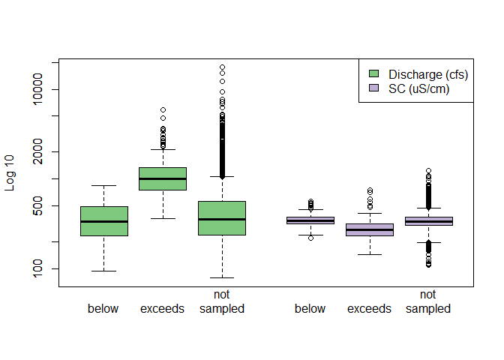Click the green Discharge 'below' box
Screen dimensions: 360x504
[x=104, y=221]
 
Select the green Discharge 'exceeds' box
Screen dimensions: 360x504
[x=163, y=178]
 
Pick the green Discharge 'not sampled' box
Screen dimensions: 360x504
[x=222, y=217]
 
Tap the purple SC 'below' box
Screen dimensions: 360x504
[x=310, y=220]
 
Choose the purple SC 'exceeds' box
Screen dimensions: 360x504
[x=370, y=229]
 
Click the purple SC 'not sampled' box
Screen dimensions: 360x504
[x=428, y=221]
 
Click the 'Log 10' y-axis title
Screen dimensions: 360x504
[x=10, y=173]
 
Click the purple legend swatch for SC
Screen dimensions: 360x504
[x=374, y=88]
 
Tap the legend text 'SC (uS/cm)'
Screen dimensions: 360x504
[x=418, y=88]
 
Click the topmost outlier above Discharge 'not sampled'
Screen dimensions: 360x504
[x=222, y=67]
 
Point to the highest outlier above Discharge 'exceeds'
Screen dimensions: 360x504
[x=163, y=110]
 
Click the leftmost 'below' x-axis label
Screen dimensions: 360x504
[x=103, y=309]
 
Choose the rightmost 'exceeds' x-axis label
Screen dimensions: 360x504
[x=369, y=309]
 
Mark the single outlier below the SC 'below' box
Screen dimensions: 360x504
[x=310, y=238]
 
